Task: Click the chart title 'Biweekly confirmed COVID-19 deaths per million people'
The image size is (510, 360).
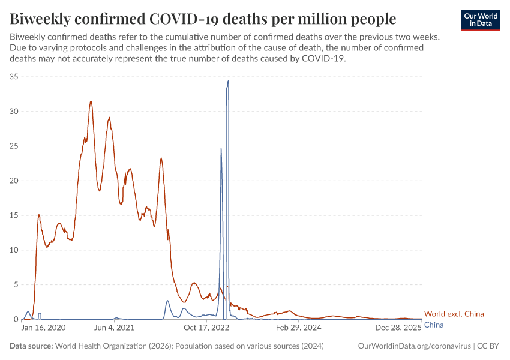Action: [x=203, y=19]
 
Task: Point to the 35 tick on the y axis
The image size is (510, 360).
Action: [x=14, y=77]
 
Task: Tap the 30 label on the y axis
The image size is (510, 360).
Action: [x=14, y=112]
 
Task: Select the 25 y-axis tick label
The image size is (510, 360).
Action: [x=14, y=146]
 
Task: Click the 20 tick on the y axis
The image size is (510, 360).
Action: [x=14, y=181]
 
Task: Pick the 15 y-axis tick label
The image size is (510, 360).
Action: [x=14, y=215]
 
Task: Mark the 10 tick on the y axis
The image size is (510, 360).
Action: [x=14, y=250]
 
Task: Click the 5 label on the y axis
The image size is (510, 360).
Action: [x=16, y=284]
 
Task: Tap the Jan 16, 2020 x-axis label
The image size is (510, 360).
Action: [x=44, y=328]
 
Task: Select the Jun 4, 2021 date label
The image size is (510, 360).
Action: [x=115, y=328]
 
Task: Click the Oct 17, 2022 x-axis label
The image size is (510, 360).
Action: [x=206, y=328]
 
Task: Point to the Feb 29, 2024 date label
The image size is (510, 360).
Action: [x=298, y=328]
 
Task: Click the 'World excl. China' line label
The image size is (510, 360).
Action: [x=454, y=314]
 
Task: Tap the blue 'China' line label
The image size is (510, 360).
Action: [x=434, y=325]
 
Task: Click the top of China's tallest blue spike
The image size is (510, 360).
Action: [x=228, y=80]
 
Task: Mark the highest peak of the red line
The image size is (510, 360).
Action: [x=91, y=101]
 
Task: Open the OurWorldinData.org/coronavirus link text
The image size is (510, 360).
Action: [x=414, y=346]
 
